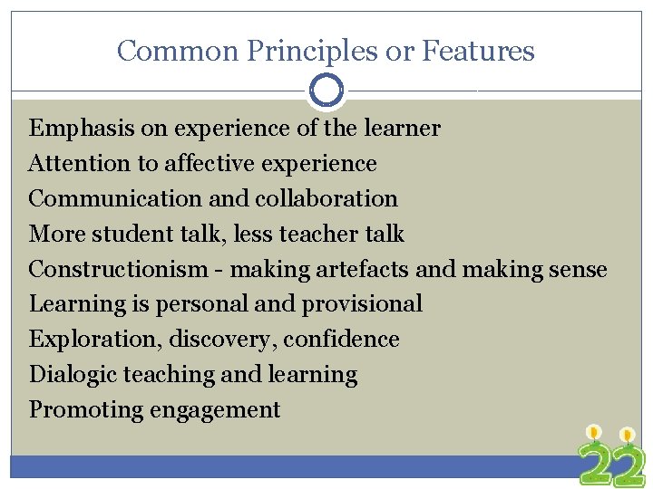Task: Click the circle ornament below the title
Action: click(326, 91)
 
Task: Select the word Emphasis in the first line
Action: click(82, 129)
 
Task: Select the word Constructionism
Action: click(118, 269)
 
